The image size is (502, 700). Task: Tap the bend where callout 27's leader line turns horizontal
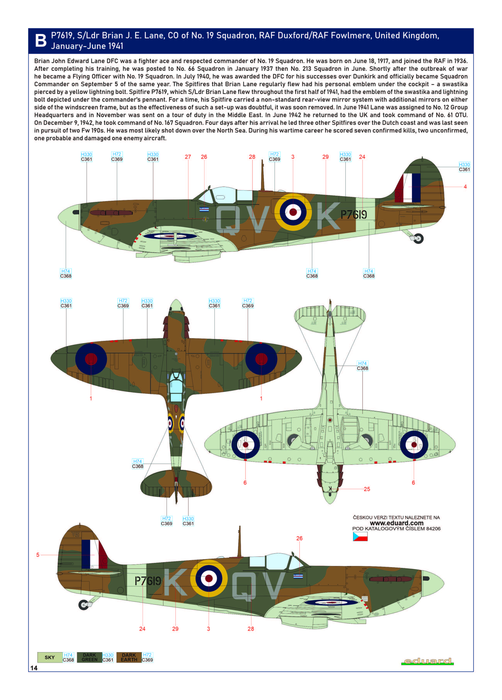(188, 219)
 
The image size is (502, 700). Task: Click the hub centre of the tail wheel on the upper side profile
(418, 238)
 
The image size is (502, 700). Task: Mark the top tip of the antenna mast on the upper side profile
(262, 160)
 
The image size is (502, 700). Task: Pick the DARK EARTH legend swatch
(129, 657)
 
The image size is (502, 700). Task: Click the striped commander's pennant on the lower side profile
(298, 576)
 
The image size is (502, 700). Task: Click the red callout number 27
(188, 157)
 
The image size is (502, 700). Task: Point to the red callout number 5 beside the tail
(38, 555)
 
